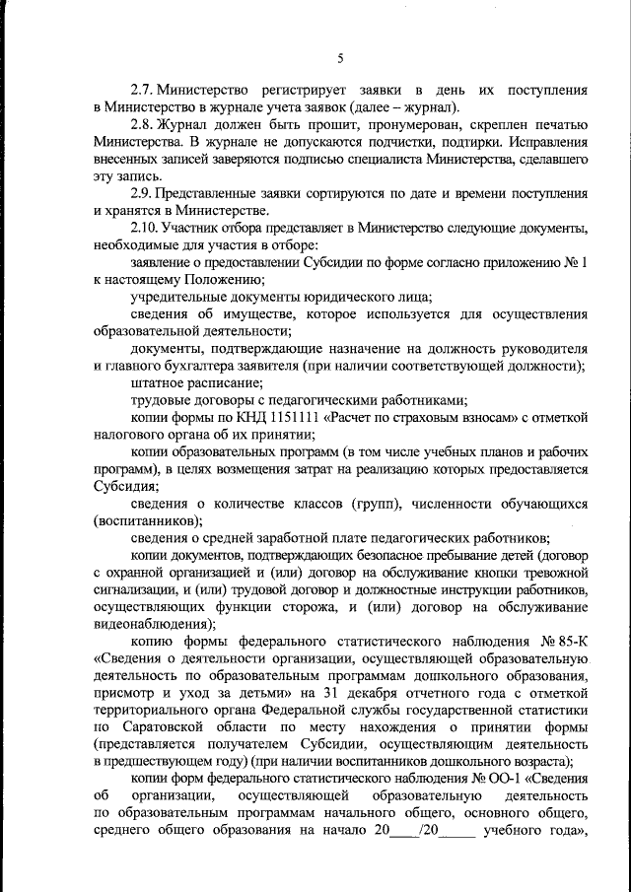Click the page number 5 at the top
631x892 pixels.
click(339, 58)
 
